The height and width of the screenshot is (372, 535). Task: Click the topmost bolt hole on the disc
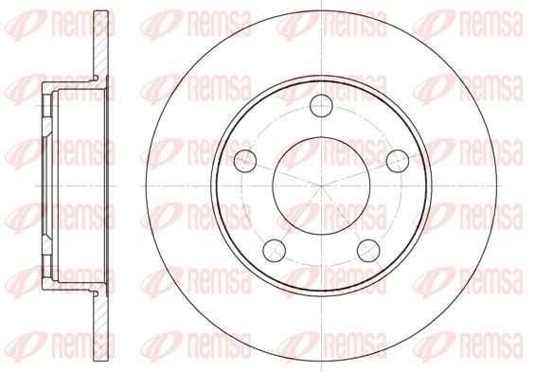[321, 106]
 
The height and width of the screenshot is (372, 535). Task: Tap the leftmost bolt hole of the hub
[245, 161]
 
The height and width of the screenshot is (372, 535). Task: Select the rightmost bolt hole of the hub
[398, 161]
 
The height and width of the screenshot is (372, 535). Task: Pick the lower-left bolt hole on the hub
[275, 251]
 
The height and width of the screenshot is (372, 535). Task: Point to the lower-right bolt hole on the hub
[368, 251]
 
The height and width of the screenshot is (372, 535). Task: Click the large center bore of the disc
[321, 186]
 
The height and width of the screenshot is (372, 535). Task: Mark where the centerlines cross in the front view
[321, 186]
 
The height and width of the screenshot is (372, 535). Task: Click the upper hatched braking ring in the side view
[101, 44]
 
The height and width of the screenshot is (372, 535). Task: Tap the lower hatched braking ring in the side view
[101, 327]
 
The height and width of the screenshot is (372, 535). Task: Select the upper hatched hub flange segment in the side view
[47, 126]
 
